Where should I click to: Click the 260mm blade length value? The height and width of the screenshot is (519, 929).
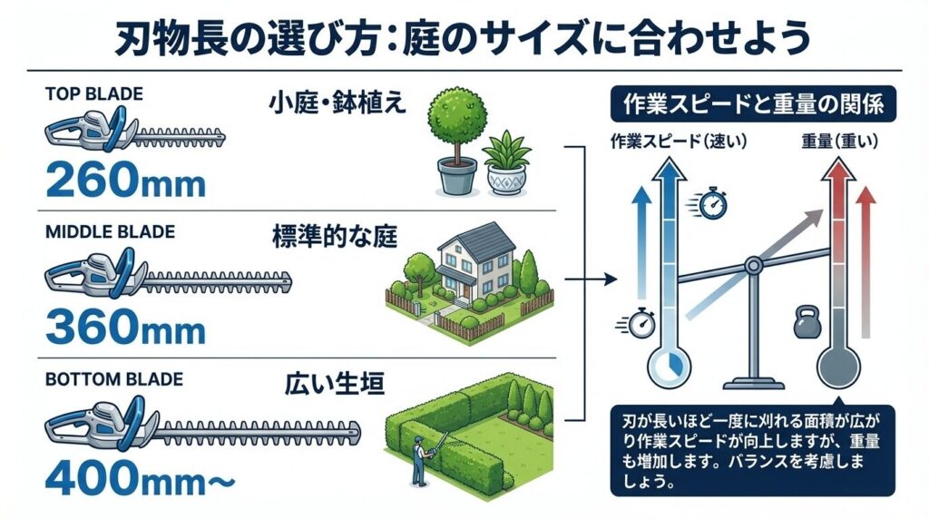[124, 181]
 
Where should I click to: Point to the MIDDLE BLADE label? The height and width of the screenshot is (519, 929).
[109, 232]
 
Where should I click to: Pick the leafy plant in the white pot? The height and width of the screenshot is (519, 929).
[507, 161]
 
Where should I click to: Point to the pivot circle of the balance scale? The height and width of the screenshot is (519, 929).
[752, 265]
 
